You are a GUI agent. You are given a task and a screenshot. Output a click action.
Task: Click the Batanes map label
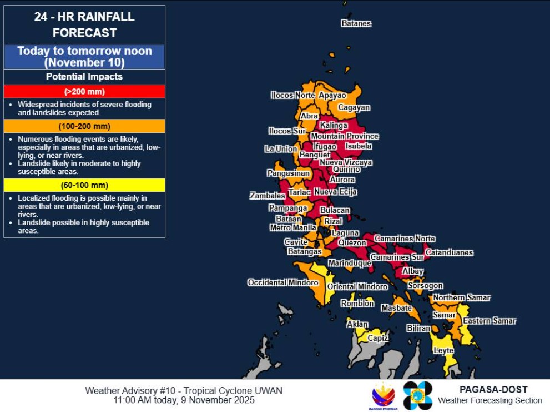(x=356, y=23)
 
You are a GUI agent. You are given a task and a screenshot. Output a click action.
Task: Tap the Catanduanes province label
(x=449, y=252)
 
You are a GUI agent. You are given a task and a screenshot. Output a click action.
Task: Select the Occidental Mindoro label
(x=282, y=282)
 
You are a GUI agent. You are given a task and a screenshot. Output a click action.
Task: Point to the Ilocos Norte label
(x=292, y=95)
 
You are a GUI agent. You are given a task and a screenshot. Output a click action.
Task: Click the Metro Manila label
(x=292, y=227)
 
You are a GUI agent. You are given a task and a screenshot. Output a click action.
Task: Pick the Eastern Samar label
(x=490, y=321)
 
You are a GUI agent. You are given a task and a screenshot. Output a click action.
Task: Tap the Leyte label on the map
(x=443, y=350)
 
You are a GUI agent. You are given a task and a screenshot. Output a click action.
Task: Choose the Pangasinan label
(x=288, y=173)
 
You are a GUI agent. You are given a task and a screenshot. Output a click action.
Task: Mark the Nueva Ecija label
(x=335, y=192)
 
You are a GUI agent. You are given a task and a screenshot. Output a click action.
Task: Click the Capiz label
(x=377, y=337)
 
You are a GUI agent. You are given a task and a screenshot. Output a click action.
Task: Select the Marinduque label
(x=349, y=262)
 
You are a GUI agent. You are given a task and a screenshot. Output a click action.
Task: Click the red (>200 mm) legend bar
(x=84, y=91)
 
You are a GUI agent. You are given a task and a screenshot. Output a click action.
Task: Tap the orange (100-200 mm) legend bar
(x=84, y=126)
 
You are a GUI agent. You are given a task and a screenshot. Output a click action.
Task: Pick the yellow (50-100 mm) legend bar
(x=84, y=185)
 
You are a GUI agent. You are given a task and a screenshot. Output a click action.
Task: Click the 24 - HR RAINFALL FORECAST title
(x=84, y=24)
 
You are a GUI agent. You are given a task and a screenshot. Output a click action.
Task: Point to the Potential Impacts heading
(x=84, y=77)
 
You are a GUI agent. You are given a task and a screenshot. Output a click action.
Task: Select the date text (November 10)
(x=84, y=62)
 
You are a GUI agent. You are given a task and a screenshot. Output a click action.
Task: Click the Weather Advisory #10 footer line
(x=184, y=390)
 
